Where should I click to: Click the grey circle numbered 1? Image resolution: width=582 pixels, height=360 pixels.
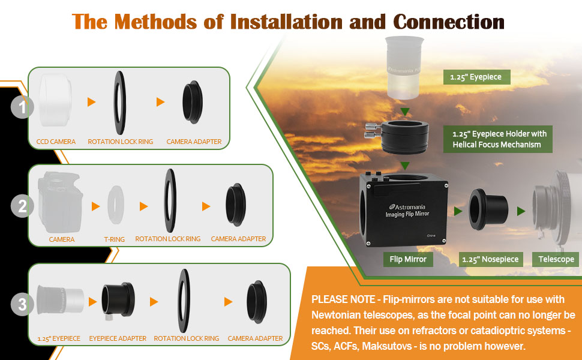[22, 108]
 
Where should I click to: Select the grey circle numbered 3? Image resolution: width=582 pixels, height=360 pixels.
[22, 305]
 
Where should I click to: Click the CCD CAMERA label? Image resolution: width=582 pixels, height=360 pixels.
[56, 142]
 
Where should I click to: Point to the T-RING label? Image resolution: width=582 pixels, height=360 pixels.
[115, 239]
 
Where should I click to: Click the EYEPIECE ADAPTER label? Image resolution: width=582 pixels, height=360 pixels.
[118, 338]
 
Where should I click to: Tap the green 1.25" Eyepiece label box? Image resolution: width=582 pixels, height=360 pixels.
[476, 77]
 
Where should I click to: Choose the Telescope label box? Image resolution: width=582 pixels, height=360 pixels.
[556, 259]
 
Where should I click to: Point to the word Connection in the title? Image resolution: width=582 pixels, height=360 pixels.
[449, 22]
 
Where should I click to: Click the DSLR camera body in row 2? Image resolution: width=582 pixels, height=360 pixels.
[60, 204]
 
